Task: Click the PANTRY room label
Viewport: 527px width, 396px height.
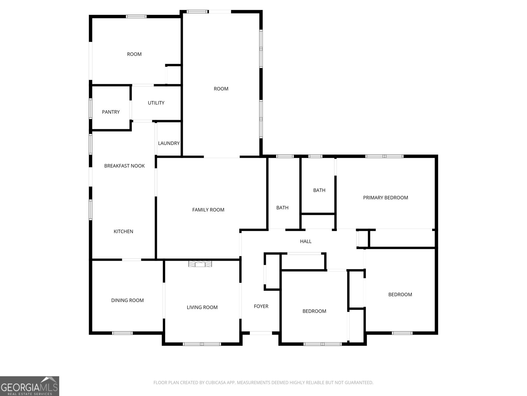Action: pos(111,112)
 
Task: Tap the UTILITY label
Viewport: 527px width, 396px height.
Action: pos(156,103)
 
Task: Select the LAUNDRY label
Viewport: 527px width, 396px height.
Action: pos(169,143)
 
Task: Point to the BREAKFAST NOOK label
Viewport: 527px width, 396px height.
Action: pos(125,166)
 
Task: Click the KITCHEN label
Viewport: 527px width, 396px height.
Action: pos(124,232)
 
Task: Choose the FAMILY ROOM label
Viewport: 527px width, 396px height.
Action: pos(208,210)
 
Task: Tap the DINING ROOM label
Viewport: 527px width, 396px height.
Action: pos(127,300)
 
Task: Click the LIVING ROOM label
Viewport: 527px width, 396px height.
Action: pos(202,307)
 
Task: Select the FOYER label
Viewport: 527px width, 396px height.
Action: pos(261,306)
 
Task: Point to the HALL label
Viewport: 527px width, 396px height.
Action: pos(306,242)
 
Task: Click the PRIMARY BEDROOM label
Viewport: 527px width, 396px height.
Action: pos(386,198)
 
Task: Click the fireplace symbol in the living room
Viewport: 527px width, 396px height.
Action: pos(200,264)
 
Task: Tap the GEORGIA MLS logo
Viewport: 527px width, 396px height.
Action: pos(30,386)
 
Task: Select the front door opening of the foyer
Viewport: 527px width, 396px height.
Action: pos(261,333)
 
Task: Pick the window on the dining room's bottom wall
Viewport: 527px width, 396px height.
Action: pos(122,333)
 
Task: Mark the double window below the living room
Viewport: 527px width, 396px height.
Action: pos(202,344)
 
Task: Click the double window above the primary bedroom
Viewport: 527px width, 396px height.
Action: pos(384,156)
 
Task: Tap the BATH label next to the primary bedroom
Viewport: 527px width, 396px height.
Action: pos(319,190)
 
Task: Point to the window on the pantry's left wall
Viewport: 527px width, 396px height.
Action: pos(91,109)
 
